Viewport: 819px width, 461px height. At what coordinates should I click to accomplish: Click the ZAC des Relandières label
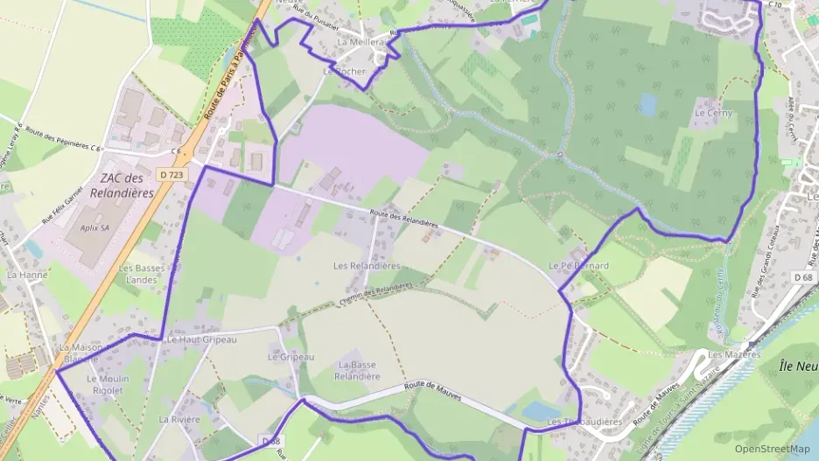[x=122, y=185]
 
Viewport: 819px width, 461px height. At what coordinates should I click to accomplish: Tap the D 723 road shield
[x=171, y=174]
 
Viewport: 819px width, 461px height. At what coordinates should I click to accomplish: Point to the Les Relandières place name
[x=367, y=265]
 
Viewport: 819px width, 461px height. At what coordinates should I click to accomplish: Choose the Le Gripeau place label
[x=290, y=357]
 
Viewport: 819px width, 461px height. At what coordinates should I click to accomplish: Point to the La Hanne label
[x=27, y=274]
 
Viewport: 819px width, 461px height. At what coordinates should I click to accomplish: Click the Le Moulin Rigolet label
[x=108, y=384]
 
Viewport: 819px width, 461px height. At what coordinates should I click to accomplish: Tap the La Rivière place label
[x=179, y=419]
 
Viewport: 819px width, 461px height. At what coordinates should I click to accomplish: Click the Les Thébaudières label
[x=584, y=422]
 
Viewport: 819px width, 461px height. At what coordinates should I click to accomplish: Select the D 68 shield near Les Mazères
[x=803, y=277]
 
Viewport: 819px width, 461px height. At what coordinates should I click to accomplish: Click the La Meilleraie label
[x=360, y=41]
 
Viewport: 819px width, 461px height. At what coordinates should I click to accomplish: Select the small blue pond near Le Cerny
[x=647, y=105]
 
